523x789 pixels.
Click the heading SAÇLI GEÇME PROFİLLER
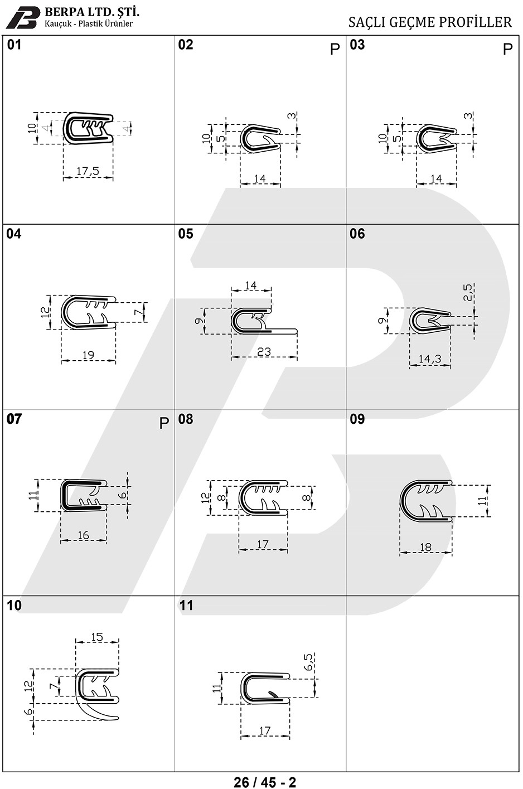(x=430, y=22)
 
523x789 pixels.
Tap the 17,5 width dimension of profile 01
(x=88, y=171)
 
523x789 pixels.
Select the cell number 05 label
(x=186, y=234)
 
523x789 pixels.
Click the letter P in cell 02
(x=335, y=49)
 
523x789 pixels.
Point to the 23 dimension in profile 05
(x=264, y=351)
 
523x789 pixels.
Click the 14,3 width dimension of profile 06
(x=430, y=359)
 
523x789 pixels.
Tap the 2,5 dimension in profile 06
(x=467, y=292)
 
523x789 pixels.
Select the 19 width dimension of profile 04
(x=88, y=355)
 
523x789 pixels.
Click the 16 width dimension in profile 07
(x=83, y=535)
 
